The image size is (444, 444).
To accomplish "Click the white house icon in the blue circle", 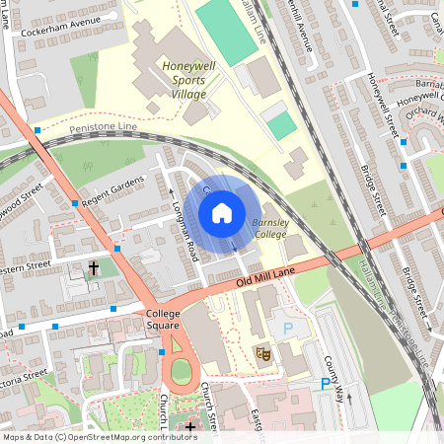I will click(x=222, y=212).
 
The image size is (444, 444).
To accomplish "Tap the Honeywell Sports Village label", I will click(x=184, y=80).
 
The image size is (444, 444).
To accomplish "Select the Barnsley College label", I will click(x=269, y=229).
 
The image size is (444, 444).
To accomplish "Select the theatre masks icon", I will click(x=263, y=351).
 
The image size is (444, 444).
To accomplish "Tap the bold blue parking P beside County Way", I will click(x=325, y=385).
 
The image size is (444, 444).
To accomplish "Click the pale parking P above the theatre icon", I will click(x=288, y=328).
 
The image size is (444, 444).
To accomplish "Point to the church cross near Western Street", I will click(x=94, y=267).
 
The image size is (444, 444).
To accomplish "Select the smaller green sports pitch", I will click(x=281, y=125).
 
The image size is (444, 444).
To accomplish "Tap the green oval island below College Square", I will click(x=180, y=372).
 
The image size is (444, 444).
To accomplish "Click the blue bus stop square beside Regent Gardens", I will click(x=75, y=203).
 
